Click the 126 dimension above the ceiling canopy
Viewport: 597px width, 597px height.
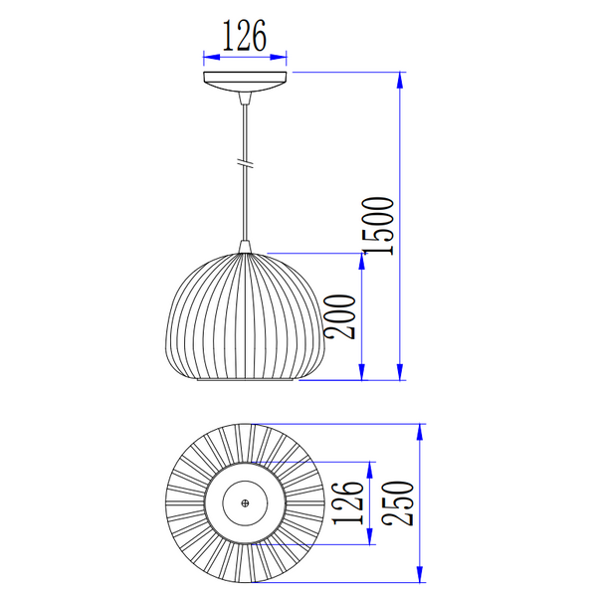[x=245, y=36]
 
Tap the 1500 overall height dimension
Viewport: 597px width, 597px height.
[x=378, y=226]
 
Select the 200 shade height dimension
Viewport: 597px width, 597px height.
[x=339, y=316]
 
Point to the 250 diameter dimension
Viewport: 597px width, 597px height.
[x=397, y=503]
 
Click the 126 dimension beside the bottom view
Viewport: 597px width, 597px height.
[x=348, y=503]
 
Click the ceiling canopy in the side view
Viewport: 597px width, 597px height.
[x=245, y=82]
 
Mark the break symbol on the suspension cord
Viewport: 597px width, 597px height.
[x=245, y=163]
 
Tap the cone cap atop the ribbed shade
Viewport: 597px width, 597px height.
[x=245, y=247]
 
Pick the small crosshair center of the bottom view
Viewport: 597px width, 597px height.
[x=245, y=503]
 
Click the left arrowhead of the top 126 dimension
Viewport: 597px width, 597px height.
[x=212, y=57]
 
